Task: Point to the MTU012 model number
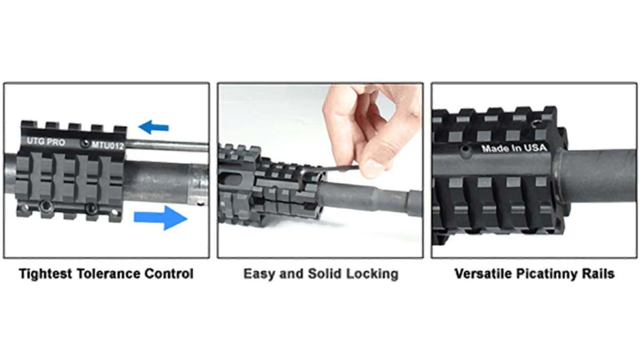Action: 108,143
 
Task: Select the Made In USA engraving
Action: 514,148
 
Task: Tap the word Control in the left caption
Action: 170,274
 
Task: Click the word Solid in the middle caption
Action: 324,274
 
